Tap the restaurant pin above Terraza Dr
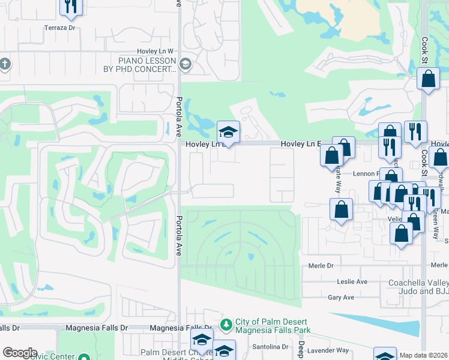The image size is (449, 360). coord(71,5)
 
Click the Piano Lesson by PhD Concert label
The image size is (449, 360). coord(147,65)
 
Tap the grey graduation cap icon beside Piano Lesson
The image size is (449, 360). coord(185,64)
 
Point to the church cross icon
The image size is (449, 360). coord(4,64)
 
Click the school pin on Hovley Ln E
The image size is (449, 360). coord(228,132)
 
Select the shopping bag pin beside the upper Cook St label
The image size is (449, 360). coord(429,79)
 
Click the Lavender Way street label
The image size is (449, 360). coord(334,350)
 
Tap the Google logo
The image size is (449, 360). coord(20,353)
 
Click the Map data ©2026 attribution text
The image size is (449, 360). coord(423,355)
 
